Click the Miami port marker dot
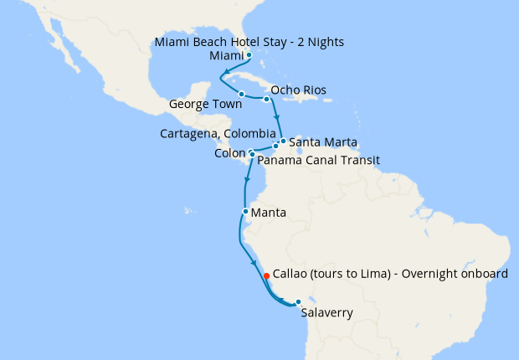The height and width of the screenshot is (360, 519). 249,55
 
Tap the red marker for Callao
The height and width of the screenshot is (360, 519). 266,275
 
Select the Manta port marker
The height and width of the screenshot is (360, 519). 244,212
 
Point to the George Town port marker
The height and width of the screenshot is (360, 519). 241,94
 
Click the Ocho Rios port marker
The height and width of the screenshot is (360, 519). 267,100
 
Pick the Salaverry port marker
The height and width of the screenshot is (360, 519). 297,302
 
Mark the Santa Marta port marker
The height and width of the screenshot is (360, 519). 283,141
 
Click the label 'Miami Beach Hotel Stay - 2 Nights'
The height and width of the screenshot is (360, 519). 249,41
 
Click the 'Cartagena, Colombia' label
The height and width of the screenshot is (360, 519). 218,133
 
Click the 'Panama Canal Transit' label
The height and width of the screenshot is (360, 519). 319,160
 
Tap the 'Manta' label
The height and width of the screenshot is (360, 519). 268,213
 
